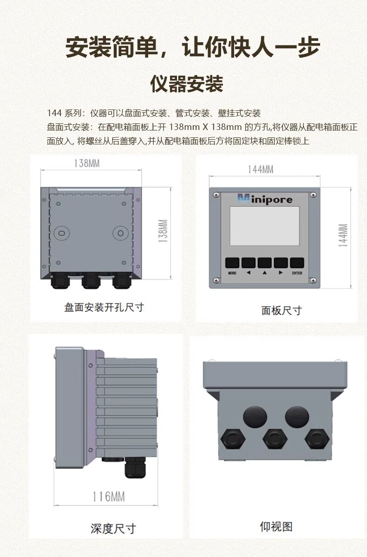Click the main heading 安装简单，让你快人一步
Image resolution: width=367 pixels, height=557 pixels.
click(x=193, y=47)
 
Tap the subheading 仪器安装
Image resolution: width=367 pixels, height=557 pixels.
click(x=187, y=84)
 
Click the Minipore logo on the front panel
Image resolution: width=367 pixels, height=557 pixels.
click(x=265, y=199)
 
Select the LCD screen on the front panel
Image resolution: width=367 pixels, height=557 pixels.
click(x=264, y=226)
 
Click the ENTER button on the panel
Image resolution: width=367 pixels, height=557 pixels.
click(x=297, y=263)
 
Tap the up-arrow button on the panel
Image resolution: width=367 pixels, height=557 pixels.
click(x=264, y=263)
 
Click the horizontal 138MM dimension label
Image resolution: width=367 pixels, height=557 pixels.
click(x=87, y=163)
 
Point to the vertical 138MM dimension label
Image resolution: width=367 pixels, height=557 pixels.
click(x=163, y=231)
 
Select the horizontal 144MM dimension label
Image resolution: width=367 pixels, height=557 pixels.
click(x=261, y=169)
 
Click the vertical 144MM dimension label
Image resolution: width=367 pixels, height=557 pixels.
click(x=343, y=235)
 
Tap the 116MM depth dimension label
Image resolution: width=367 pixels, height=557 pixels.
click(x=109, y=497)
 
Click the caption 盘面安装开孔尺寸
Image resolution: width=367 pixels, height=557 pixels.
click(x=104, y=307)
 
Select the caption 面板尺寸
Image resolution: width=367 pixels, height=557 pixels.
click(x=282, y=311)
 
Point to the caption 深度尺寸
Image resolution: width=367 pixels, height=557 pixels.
click(x=113, y=529)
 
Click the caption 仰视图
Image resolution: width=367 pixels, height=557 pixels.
click(x=276, y=526)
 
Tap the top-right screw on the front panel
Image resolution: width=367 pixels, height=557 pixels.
click(x=313, y=195)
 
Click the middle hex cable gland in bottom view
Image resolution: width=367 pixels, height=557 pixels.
click(x=275, y=439)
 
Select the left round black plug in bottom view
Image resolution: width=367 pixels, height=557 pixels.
click(x=255, y=417)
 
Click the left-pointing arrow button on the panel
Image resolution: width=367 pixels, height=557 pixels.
click(x=249, y=263)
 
